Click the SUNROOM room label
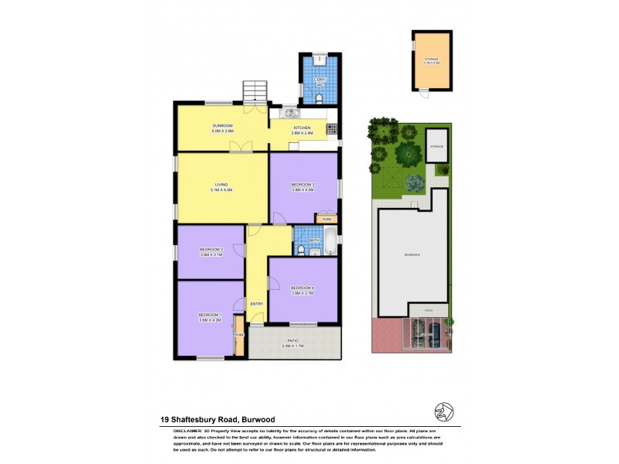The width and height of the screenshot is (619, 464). (x=223, y=126)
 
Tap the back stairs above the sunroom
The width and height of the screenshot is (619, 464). (x=255, y=94)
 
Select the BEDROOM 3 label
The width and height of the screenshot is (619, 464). (x=302, y=184)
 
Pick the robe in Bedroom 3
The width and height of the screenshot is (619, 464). (x=327, y=219)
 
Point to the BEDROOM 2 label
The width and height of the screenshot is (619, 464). (x=210, y=249)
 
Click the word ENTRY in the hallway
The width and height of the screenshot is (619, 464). (x=256, y=303)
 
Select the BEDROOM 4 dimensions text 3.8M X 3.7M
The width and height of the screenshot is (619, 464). (x=302, y=293)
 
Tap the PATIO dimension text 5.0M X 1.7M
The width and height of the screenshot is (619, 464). (x=292, y=345)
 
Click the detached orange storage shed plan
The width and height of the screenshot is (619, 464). (x=432, y=60)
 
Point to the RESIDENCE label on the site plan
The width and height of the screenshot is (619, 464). (x=411, y=254)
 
